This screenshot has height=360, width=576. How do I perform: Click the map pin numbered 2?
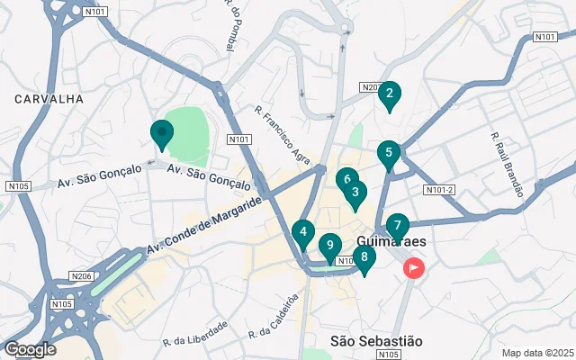[x=389, y=94]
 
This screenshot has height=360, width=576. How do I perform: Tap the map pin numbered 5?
[x=389, y=154]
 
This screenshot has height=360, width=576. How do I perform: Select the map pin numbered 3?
[x=355, y=193]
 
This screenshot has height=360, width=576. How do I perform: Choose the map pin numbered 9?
[x=330, y=245]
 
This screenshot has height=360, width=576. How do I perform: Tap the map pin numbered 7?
[x=397, y=226]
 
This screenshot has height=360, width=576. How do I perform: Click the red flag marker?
[x=414, y=267]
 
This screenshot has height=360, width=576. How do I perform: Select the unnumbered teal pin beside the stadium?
[x=162, y=133]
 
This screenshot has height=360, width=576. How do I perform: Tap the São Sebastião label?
[x=375, y=341]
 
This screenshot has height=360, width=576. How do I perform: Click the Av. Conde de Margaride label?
[x=203, y=224]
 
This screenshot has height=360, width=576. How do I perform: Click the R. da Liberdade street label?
[x=195, y=342]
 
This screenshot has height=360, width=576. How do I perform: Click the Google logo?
[x=30, y=349]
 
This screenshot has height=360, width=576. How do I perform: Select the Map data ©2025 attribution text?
[x=537, y=353]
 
